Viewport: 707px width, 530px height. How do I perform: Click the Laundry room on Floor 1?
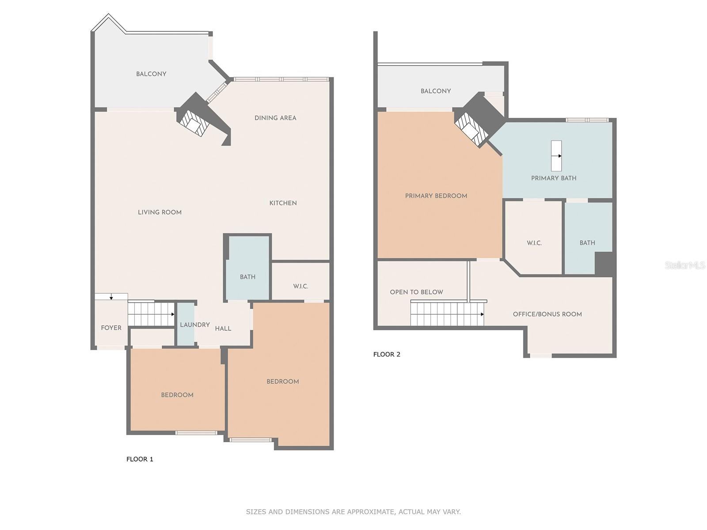(186, 325)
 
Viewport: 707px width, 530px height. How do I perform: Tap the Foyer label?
(111, 328)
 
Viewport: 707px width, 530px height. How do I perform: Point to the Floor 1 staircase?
(151, 314)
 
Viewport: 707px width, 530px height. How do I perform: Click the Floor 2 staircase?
(446, 314)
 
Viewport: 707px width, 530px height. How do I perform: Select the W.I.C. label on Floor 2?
(534, 243)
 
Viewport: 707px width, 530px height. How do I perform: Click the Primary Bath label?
(553, 178)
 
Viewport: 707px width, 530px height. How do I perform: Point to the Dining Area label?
(275, 118)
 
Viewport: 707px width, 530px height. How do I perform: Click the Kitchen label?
(283, 203)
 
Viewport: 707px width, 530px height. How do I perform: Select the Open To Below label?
(416, 292)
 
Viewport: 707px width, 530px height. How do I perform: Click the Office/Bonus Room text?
(547, 314)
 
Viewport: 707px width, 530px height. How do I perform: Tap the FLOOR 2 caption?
(387, 354)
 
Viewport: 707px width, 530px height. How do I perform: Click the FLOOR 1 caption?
(140, 459)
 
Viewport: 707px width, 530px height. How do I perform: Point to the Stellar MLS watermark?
(685, 265)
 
